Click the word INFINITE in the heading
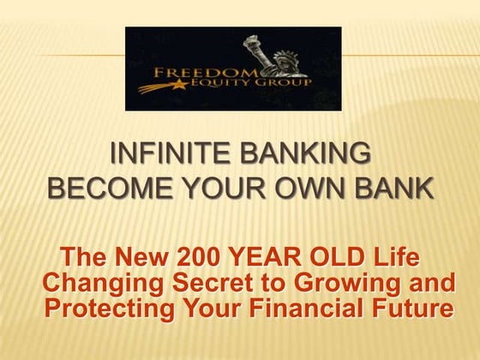pos(161,155)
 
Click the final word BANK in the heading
pos(387,188)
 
